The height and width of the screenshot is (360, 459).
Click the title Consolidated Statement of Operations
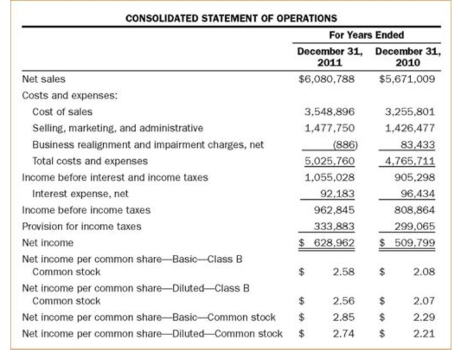(231, 17)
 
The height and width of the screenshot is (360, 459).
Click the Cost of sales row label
(62, 111)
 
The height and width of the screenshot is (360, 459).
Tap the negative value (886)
(343, 144)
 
